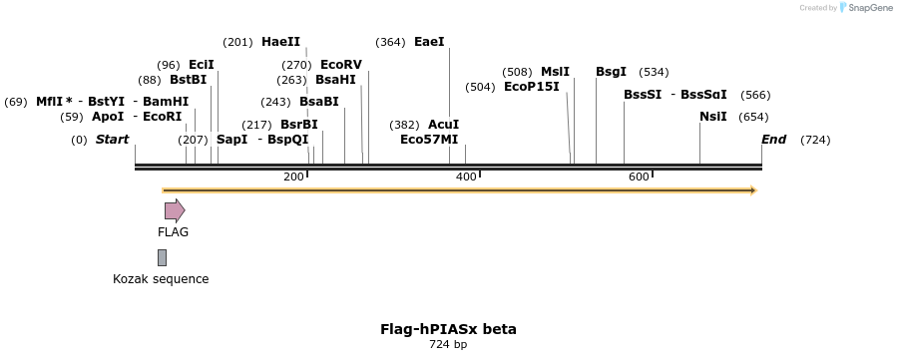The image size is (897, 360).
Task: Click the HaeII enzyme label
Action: (x=280, y=42)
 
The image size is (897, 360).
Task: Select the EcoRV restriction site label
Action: (x=341, y=65)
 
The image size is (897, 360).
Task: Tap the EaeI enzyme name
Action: (x=429, y=42)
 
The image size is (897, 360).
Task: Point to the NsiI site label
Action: (x=713, y=117)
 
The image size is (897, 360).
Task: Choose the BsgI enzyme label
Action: (x=611, y=72)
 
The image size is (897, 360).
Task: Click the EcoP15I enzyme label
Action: (x=532, y=87)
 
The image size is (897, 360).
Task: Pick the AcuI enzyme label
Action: (x=443, y=125)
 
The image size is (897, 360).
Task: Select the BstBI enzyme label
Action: (x=188, y=80)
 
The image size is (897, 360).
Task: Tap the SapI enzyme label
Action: (x=231, y=140)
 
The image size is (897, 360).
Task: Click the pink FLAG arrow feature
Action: (x=175, y=210)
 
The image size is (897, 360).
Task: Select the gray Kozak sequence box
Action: (x=162, y=257)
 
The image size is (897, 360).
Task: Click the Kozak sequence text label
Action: (x=161, y=279)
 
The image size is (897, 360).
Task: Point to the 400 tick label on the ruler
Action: (x=466, y=177)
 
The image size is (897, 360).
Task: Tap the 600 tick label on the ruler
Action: (x=639, y=177)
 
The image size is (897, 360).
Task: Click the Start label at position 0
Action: (x=112, y=140)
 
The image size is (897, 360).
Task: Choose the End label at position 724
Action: (x=773, y=140)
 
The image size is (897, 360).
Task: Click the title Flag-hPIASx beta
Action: (x=448, y=329)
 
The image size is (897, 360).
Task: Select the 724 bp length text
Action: (x=448, y=345)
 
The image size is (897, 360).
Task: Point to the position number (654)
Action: (x=754, y=117)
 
